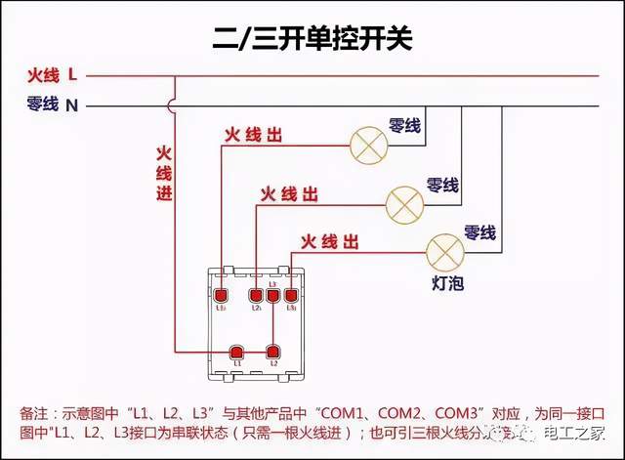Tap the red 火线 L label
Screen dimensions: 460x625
click(52, 74)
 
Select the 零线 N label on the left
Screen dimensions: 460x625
click(52, 104)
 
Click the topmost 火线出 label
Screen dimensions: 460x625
click(253, 136)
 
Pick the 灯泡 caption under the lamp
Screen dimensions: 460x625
click(447, 282)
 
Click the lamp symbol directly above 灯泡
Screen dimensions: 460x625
click(444, 252)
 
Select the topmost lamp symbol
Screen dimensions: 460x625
click(368, 146)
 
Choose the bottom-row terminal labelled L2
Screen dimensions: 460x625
click(274, 352)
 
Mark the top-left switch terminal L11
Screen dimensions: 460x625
click(222, 295)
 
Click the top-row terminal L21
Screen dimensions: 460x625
click(256, 295)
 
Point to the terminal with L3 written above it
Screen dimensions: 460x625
click(273, 295)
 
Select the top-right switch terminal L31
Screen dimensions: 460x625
click(291, 295)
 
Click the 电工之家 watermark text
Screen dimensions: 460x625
click(576, 437)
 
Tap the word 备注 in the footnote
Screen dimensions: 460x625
click(33, 414)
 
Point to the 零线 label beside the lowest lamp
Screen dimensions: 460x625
click(479, 232)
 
